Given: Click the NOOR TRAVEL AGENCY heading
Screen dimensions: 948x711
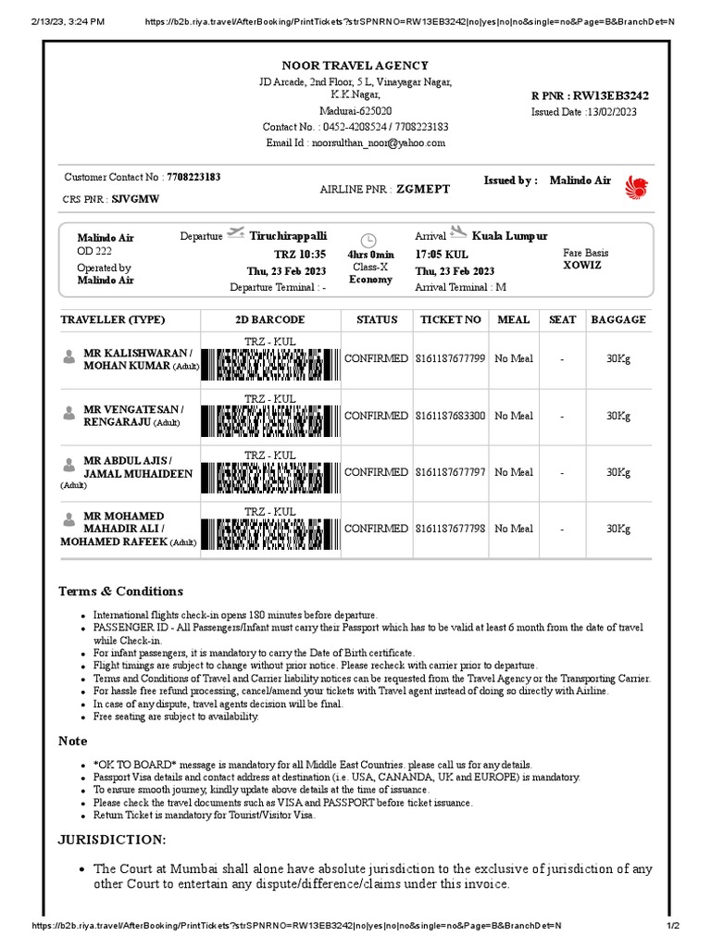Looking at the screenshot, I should click(355, 66).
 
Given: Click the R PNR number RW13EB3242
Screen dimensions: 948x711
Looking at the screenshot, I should click(610, 95).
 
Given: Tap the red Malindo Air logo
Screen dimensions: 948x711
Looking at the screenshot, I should click(638, 187).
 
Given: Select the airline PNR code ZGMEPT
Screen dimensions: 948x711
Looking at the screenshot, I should click(423, 189).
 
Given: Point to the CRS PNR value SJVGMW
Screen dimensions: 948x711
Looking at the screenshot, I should click(135, 199).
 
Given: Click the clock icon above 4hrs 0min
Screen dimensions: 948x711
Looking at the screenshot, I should click(368, 239).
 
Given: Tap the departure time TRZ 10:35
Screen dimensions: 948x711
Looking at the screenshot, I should click(300, 254).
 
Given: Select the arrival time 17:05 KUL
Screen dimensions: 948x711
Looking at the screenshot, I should click(442, 254).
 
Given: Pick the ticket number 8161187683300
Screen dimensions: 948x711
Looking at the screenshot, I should click(450, 416).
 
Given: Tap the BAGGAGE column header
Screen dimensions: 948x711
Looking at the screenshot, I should click(617, 319).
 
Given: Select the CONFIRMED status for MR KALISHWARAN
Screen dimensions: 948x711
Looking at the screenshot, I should click(376, 358).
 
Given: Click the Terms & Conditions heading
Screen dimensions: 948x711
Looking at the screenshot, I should click(120, 591).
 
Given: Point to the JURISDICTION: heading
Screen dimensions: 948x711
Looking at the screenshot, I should click(112, 839).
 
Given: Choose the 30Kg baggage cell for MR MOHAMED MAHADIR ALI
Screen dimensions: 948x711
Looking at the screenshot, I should click(617, 529).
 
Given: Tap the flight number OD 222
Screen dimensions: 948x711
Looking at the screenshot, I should click(94, 251).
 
